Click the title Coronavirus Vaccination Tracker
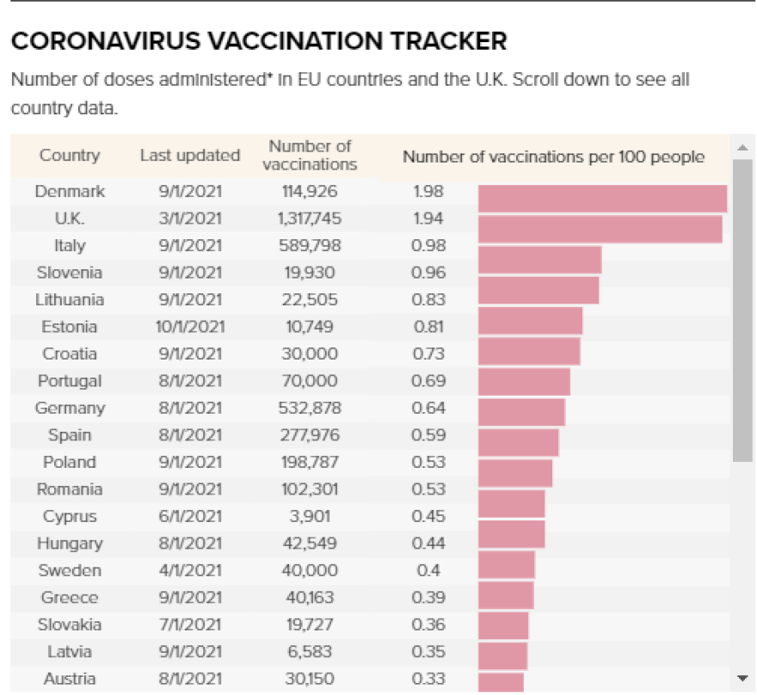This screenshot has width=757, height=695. click(258, 40)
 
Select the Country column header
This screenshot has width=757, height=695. click(70, 156)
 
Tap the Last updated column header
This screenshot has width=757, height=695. click(190, 156)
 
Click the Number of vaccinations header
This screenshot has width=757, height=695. click(310, 155)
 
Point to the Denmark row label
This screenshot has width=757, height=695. click(70, 191)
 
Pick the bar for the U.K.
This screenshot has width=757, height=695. click(600, 230)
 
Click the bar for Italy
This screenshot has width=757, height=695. click(539, 259)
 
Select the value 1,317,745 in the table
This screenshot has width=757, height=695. click(310, 218)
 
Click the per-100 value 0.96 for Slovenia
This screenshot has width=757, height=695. click(429, 273)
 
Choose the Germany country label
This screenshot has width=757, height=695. click(70, 408)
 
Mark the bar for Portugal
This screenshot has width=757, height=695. click(524, 382)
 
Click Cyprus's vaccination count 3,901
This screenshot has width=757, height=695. click(310, 516)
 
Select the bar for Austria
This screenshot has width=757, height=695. click(501, 681)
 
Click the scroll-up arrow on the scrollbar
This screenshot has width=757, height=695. click(742, 147)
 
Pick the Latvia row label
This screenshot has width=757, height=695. click(70, 652)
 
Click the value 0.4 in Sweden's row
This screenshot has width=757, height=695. click(429, 570)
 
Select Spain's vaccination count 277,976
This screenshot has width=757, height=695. click(310, 435)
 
